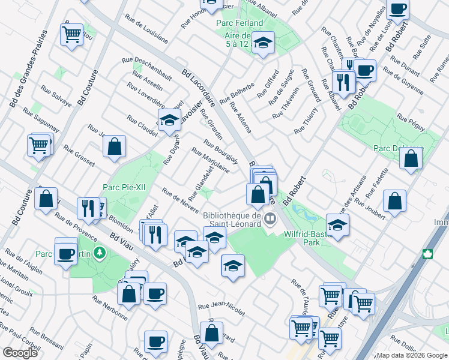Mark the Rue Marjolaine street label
pyautogui.click(x=210, y=160)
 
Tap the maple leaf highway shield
pyautogui.click(x=428, y=254)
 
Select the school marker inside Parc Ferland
pyautogui.click(x=262, y=43)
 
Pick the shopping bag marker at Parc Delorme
pyautogui.click(x=411, y=158)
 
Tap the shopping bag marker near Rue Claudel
pyautogui.click(x=114, y=146)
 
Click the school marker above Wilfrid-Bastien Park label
pyautogui.click(x=338, y=225)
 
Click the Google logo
pyautogui.click(x=20, y=353)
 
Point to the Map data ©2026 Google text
pyautogui.click(x=411, y=355)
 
